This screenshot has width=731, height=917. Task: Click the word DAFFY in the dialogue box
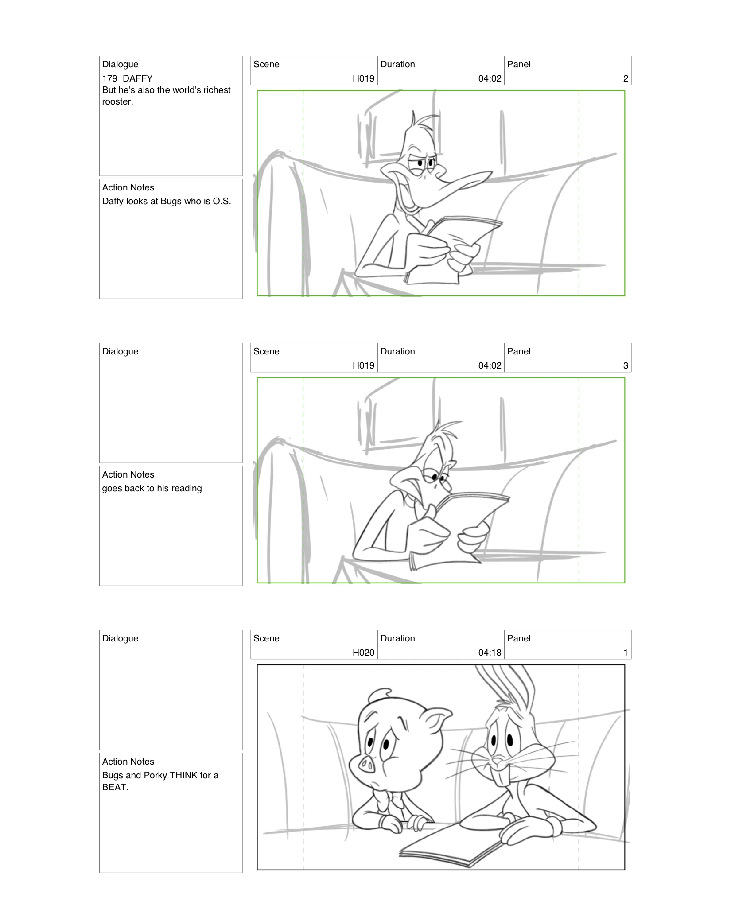(137, 78)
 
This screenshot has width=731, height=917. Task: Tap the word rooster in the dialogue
(117, 102)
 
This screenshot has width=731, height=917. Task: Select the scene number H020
(363, 653)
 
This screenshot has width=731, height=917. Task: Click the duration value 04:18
(490, 653)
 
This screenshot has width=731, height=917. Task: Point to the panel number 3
(625, 365)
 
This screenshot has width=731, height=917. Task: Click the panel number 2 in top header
(625, 78)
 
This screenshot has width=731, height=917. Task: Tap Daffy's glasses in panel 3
(436, 477)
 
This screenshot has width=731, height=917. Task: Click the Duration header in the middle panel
(397, 351)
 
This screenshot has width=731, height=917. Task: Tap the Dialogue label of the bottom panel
(120, 638)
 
